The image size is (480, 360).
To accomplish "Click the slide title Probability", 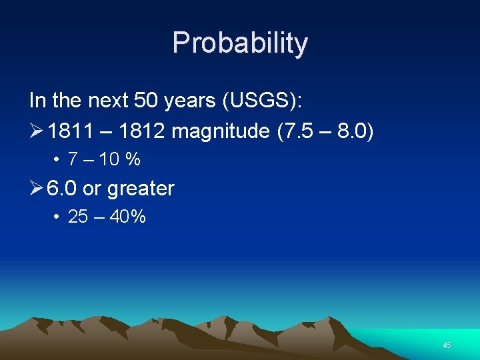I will pyautogui.click(x=240, y=43).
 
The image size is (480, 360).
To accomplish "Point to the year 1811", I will pyautogui.click(x=69, y=131).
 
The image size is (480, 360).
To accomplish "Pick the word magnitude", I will pyautogui.click(x=220, y=131).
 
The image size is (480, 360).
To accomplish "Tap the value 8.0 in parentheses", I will pyautogui.click(x=352, y=131).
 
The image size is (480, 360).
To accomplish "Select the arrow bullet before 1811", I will pyautogui.click(x=37, y=131).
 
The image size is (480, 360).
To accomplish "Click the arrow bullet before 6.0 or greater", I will pyautogui.click(x=37, y=189).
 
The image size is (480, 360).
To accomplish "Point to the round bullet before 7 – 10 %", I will pyautogui.click(x=58, y=160).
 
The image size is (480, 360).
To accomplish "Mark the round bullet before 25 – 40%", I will pyautogui.click(x=58, y=217).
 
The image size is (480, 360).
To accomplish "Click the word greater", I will pyautogui.click(x=141, y=189).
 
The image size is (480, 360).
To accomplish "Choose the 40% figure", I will pyautogui.click(x=129, y=217).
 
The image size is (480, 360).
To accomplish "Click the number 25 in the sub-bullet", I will pyautogui.click(x=79, y=217).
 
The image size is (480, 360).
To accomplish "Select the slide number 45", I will pyautogui.click(x=447, y=345).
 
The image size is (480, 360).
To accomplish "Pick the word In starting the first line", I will pyautogui.click(x=37, y=101).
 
